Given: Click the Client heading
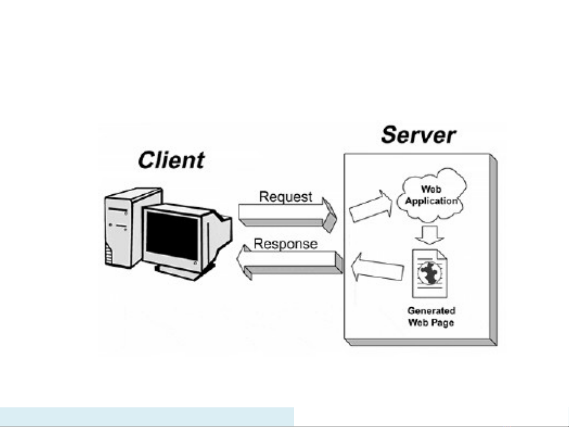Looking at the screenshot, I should coord(171,160).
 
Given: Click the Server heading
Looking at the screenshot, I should coord(418,135).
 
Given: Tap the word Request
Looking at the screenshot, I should coord(285,197).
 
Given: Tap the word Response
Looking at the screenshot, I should coord(285,244).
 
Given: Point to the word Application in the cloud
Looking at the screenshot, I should coord(431,201).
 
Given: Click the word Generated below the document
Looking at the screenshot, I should coord(431,311).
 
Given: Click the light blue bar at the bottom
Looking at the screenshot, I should coord(146,417).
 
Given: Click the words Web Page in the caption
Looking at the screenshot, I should coord(431,323).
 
